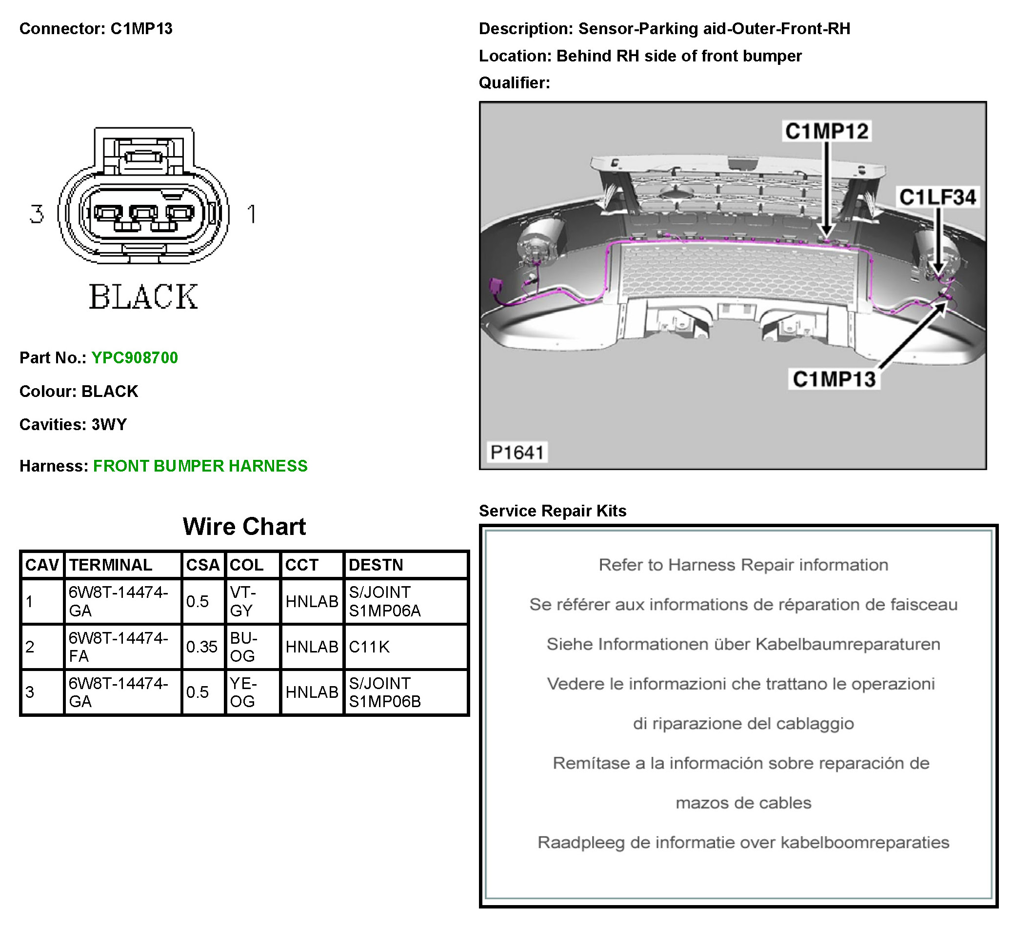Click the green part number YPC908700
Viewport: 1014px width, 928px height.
pyautogui.click(x=134, y=357)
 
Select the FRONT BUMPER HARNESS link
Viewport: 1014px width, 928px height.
pyautogui.click(x=200, y=466)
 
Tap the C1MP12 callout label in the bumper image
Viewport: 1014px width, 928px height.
pyautogui.click(x=827, y=131)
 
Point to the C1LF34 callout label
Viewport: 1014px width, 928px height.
pyautogui.click(x=937, y=197)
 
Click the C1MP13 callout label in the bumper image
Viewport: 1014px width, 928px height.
pyautogui.click(x=835, y=379)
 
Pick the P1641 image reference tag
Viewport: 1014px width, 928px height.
pyautogui.click(x=517, y=453)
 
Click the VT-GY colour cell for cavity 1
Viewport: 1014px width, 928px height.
pyautogui.click(x=243, y=602)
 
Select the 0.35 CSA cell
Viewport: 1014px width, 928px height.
pyautogui.click(x=202, y=647)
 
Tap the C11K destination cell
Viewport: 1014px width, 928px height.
pyautogui.click(x=370, y=647)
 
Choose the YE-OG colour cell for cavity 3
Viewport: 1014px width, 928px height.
pyautogui.click(x=243, y=692)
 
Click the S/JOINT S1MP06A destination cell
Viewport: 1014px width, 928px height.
pyautogui.click(x=385, y=602)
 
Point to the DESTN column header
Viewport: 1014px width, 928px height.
pyautogui.click(x=376, y=565)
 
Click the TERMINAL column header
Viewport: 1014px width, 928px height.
pyautogui.click(x=111, y=565)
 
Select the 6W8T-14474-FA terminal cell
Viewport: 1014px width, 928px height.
pyautogui.click(x=118, y=647)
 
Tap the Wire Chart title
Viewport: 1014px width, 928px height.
pyautogui.click(x=244, y=527)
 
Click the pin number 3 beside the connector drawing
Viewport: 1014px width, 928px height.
pyautogui.click(x=36, y=214)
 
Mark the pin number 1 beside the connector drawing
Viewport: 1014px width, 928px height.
pyautogui.click(x=252, y=214)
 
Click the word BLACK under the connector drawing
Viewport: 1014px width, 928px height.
pyautogui.click(x=143, y=297)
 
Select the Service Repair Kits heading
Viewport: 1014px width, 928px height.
pyautogui.click(x=552, y=511)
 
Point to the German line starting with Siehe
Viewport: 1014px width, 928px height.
pyautogui.click(x=743, y=644)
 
